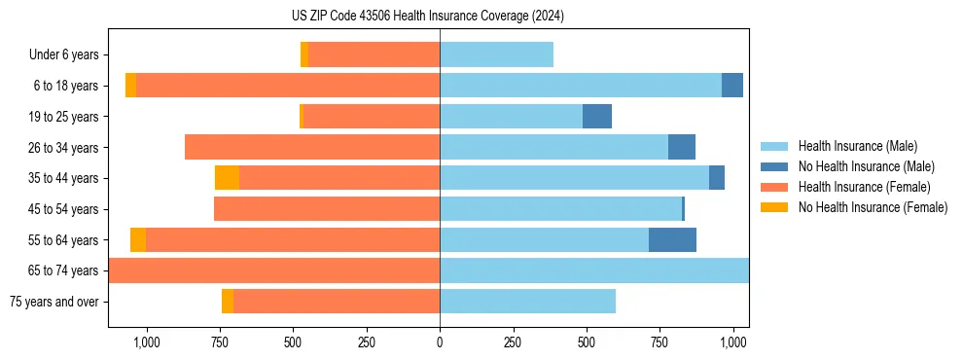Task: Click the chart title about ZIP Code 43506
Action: coord(428,16)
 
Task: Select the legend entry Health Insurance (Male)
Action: coord(857,146)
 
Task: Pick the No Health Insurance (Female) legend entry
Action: coord(873,207)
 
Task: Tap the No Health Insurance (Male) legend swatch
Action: coord(777,166)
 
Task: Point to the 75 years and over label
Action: coord(53,302)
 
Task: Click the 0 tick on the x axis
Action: coord(440,342)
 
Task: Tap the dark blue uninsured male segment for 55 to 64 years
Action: coord(672,239)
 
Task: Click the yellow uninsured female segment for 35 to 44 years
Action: coord(227,178)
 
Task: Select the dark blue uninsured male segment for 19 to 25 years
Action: coord(597,117)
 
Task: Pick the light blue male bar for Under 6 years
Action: coord(496,55)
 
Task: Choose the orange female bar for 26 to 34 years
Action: coord(312,147)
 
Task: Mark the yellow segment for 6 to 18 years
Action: coord(130,86)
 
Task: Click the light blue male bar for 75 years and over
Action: coord(527,302)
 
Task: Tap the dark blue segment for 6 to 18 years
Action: coord(732,86)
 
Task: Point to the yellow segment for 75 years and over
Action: coord(228,302)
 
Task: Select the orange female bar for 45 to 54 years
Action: coord(327,209)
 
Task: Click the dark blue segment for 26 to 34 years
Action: coord(682,147)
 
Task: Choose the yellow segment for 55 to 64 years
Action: coord(138,239)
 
